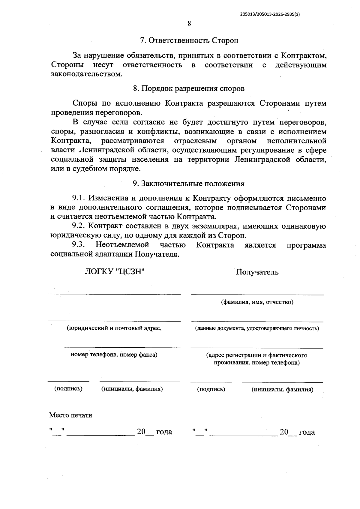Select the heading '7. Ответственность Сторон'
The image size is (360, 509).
(x=189, y=40)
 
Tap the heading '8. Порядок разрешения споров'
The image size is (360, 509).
(x=189, y=89)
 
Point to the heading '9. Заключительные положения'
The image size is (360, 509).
(x=189, y=184)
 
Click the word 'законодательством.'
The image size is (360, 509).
(x=87, y=74)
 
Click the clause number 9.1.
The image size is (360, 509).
(x=79, y=198)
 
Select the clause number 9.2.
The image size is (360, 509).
(x=79, y=226)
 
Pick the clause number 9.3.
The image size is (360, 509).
(x=79, y=245)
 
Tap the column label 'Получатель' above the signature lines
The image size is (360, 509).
(x=257, y=272)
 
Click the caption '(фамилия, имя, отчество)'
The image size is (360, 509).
(x=257, y=302)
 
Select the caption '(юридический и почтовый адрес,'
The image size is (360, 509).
(x=114, y=328)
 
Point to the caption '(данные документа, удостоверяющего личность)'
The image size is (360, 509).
(x=257, y=328)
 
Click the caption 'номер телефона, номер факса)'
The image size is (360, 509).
(x=114, y=355)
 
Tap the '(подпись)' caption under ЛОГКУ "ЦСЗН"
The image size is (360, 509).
(x=68, y=389)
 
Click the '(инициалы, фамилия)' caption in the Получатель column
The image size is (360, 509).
(x=282, y=390)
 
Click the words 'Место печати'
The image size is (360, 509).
(x=71, y=415)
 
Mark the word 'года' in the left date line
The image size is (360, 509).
(x=164, y=432)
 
